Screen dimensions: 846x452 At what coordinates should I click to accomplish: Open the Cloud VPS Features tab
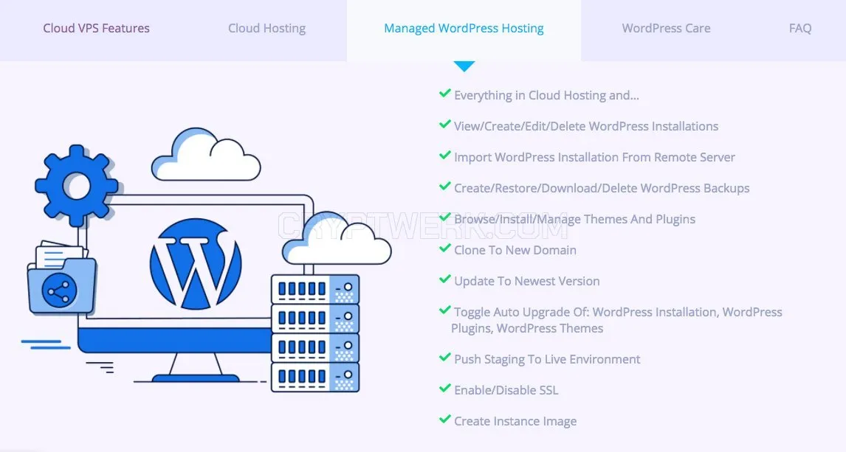[96, 28]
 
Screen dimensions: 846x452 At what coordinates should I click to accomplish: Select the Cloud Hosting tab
[266, 28]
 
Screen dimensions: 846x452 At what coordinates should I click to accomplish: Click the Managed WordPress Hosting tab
[464, 28]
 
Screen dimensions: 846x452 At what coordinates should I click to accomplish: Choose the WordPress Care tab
[666, 28]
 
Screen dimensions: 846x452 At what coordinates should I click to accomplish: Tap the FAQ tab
[799, 28]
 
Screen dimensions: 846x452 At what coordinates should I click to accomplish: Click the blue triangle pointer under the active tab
[464, 66]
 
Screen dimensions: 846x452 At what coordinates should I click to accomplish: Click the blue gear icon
[76, 185]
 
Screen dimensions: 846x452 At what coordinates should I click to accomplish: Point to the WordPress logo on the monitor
[196, 264]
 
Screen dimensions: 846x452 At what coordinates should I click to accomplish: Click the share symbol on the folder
[59, 291]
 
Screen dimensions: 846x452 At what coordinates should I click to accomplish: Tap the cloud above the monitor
[206, 154]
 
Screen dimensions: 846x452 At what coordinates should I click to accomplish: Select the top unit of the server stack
[315, 289]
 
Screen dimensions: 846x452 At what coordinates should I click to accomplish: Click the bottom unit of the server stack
[315, 377]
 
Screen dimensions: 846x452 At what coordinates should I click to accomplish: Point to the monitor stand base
[196, 378]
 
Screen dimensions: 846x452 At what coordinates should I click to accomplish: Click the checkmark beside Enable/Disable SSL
[444, 388]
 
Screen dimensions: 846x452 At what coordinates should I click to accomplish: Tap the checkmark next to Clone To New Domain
[444, 248]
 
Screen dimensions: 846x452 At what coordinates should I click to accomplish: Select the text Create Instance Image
[515, 421]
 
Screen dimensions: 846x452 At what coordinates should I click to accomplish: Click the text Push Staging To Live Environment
[547, 359]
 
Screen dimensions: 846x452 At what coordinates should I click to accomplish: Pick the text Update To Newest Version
[526, 281]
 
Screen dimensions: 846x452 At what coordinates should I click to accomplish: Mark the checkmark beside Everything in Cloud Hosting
[444, 93]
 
